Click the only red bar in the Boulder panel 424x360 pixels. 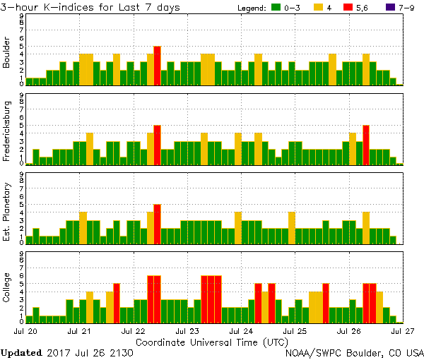[x=157, y=66]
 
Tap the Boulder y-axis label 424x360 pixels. [x=8, y=53]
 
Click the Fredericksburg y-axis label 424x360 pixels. [x=8, y=132]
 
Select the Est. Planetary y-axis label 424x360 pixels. [x=8, y=210]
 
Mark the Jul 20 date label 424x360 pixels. [x=26, y=330]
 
